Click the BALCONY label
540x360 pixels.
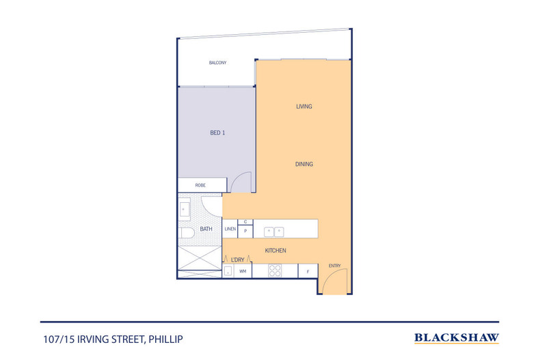tap(217, 63)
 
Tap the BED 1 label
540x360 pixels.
tap(217, 133)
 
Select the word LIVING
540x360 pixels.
tap(304, 107)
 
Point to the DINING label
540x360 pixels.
tap(304, 164)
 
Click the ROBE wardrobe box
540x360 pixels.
tap(201, 185)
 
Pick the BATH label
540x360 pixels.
tap(206, 229)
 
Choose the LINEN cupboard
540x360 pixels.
tap(230, 229)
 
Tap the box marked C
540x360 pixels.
tap(245, 222)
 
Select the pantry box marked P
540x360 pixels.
tap(245, 231)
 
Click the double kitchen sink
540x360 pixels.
tap(274, 231)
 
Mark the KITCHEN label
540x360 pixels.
tap(276, 251)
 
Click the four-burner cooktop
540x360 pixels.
tap(275, 271)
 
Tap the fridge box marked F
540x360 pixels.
tap(308, 271)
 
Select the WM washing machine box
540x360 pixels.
tap(242, 271)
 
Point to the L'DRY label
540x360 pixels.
tap(238, 260)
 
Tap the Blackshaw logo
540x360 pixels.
tap(457, 337)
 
